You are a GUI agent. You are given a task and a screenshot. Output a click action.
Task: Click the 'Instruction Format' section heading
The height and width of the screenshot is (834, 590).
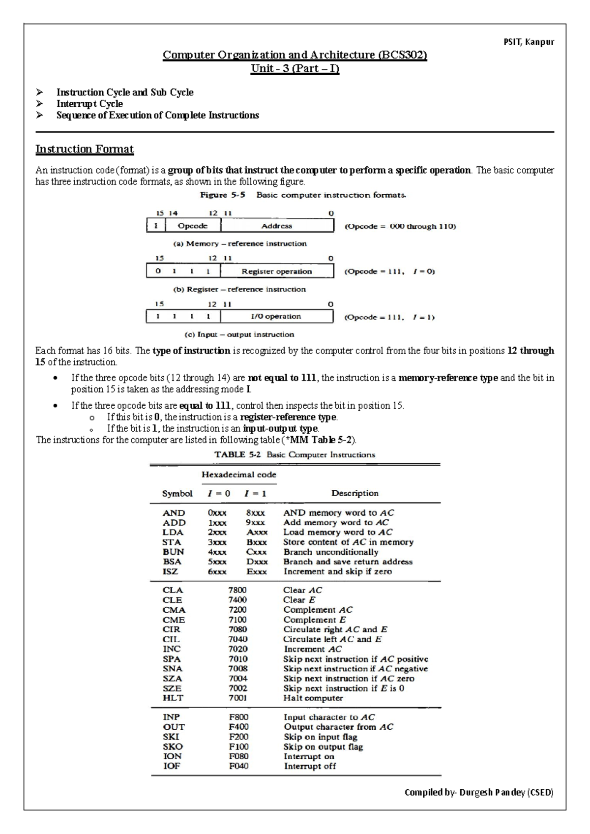[x=85, y=149]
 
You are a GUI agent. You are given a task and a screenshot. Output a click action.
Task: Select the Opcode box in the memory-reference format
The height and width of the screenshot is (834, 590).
[x=192, y=226]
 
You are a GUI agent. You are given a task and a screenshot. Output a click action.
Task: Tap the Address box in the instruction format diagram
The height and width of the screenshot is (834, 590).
[x=277, y=226]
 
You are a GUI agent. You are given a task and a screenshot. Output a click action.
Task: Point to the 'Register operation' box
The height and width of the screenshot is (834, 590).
[x=277, y=271]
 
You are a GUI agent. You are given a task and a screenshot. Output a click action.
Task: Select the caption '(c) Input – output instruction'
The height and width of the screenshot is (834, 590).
[x=239, y=334]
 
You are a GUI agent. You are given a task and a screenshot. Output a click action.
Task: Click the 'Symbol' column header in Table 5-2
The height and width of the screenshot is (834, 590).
[x=177, y=494]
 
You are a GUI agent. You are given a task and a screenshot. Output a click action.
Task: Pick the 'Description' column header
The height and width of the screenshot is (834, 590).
[x=355, y=493]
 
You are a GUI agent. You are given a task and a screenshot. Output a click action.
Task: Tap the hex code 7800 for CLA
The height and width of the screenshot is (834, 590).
[x=237, y=590]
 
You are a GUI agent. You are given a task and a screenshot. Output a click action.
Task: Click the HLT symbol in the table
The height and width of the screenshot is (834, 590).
[x=173, y=698]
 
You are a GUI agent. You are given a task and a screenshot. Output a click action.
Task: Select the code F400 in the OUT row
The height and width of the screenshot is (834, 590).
[x=238, y=727]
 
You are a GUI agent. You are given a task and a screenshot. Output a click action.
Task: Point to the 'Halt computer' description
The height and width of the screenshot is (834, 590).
[x=313, y=698]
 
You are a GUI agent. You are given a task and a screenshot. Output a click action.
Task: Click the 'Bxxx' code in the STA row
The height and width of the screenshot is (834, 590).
[x=257, y=542]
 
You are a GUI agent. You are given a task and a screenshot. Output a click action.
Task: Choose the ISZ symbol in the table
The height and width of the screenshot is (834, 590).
[x=171, y=571]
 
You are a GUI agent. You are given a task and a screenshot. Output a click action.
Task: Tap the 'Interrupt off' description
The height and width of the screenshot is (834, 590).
[x=310, y=766]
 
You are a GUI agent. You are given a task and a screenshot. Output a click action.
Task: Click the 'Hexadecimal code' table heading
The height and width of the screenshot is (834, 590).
[x=239, y=475]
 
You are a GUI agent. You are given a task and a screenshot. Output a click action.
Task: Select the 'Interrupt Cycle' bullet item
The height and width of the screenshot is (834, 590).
[x=89, y=104]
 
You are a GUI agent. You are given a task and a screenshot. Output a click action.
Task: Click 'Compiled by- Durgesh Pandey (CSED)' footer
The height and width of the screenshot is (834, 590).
[x=479, y=792]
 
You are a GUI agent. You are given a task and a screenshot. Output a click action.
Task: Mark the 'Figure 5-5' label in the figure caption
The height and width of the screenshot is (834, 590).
[x=222, y=195]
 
